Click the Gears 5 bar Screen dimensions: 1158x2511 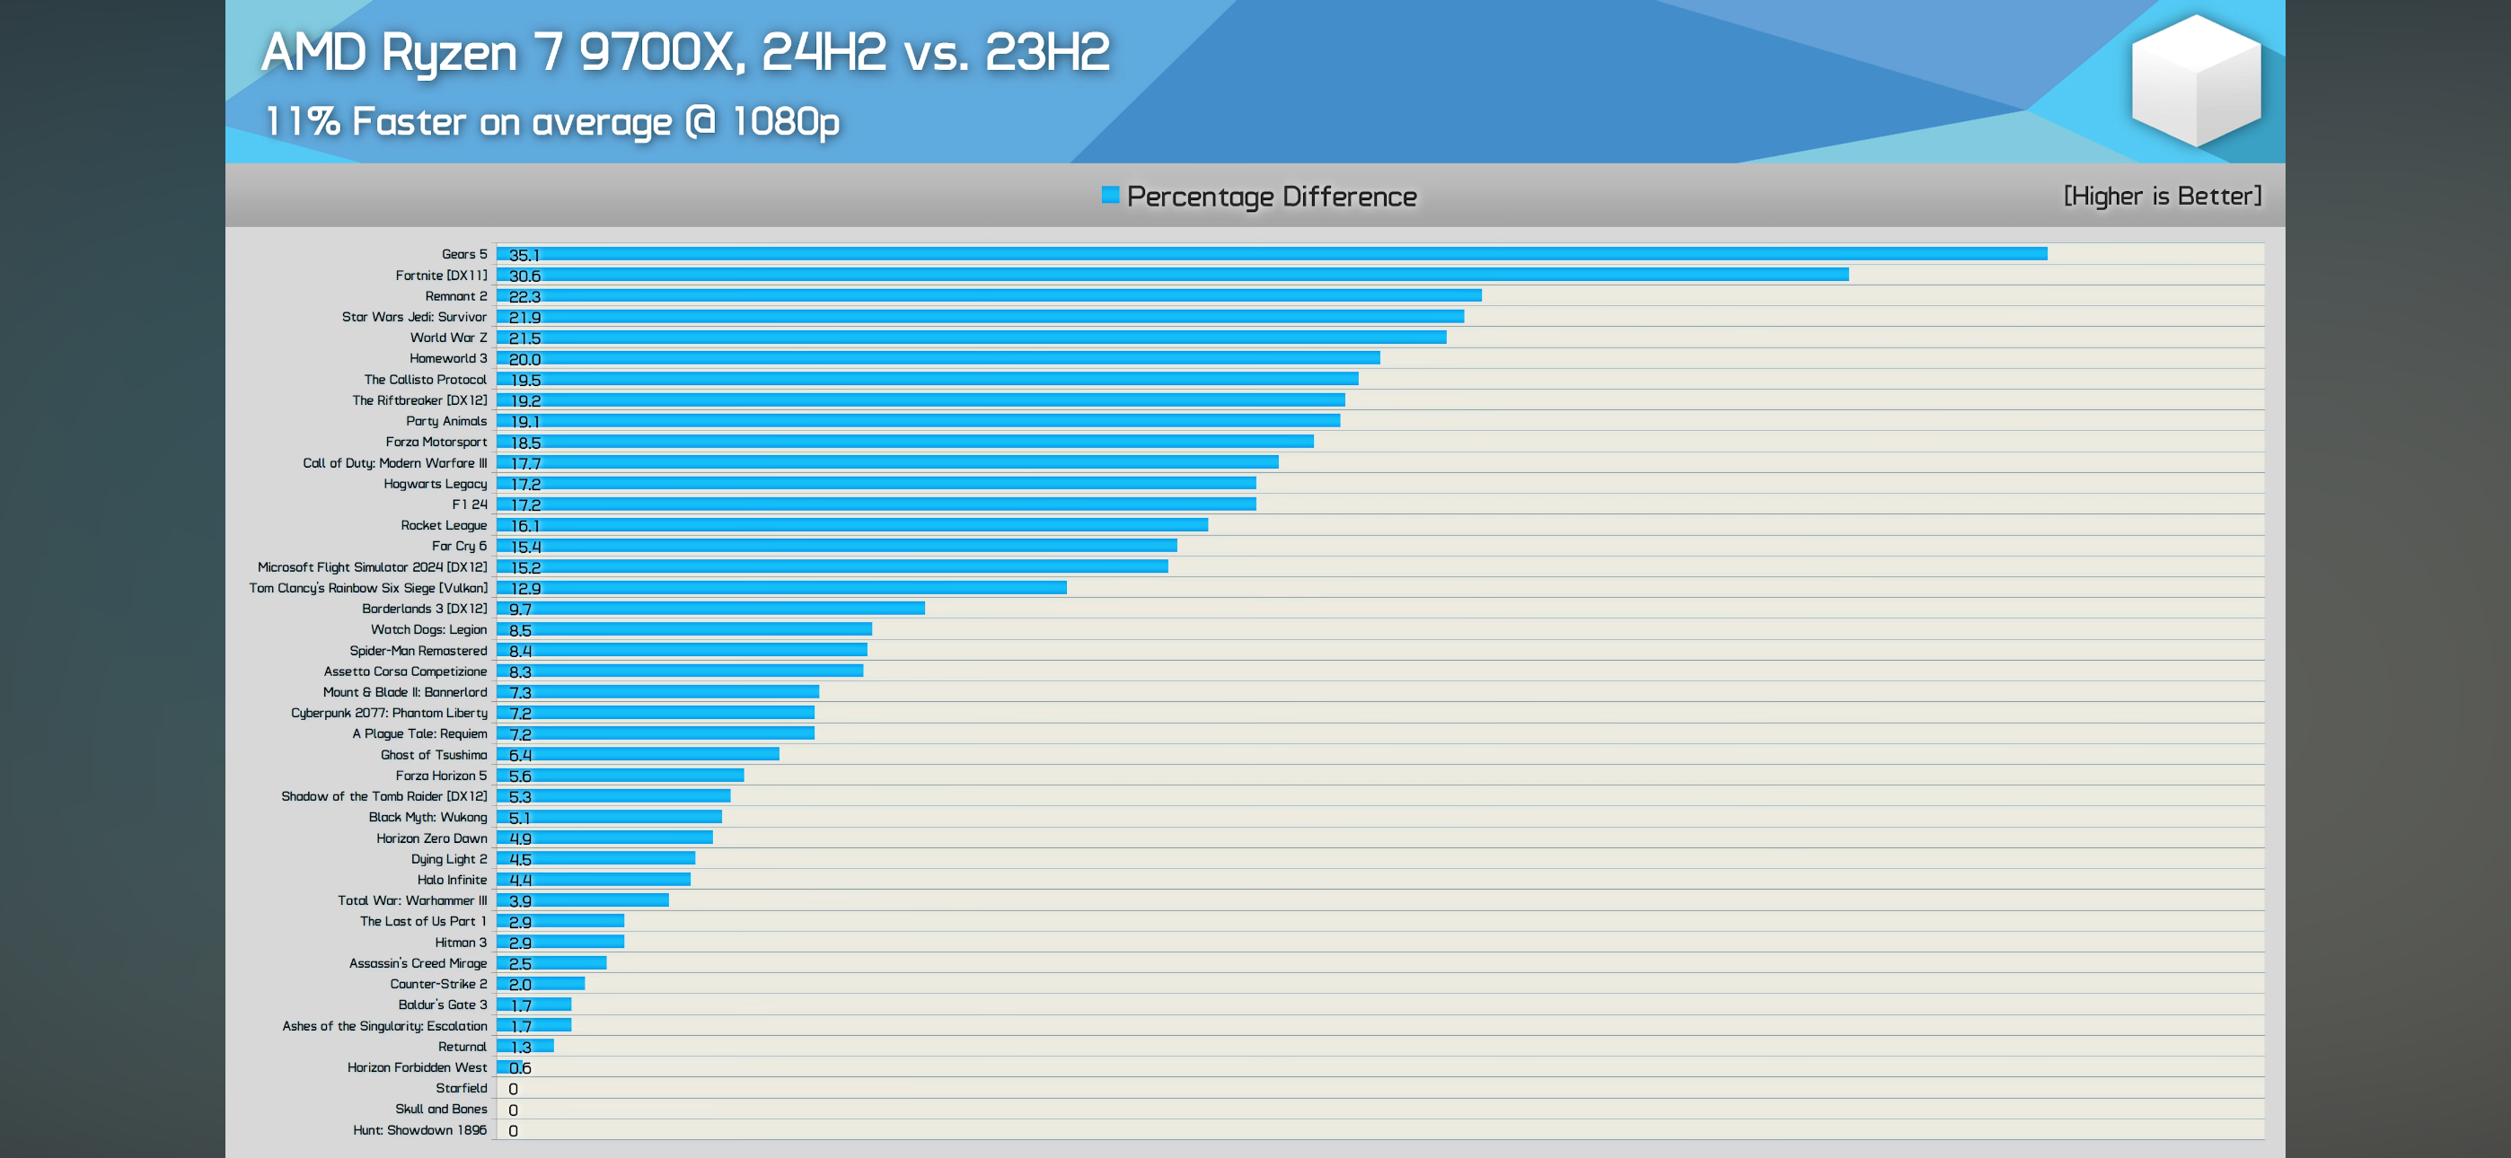[x=1271, y=254]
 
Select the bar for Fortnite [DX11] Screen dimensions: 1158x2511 [x=1172, y=275]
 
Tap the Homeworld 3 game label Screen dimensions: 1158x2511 [x=447, y=359]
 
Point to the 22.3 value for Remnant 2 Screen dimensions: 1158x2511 [x=524, y=296]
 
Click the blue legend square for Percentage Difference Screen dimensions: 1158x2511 [x=1109, y=195]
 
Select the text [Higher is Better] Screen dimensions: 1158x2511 [x=2161, y=196]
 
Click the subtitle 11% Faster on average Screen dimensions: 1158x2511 [x=551, y=122]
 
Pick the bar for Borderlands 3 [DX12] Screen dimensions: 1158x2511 [x=710, y=609]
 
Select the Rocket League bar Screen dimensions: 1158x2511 [x=852, y=525]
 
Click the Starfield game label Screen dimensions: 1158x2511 [x=461, y=1088]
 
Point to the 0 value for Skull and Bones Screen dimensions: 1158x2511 [x=513, y=1110]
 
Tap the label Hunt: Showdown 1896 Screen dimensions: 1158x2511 [x=419, y=1130]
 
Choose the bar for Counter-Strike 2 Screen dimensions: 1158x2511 [x=541, y=985]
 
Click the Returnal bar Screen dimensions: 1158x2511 [x=525, y=1046]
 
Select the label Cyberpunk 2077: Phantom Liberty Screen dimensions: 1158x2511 [x=388, y=713]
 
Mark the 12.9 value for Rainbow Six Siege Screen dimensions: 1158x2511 [x=525, y=588]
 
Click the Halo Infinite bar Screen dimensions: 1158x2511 [x=594, y=879]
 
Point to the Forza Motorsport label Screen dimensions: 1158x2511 [x=436, y=442]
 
